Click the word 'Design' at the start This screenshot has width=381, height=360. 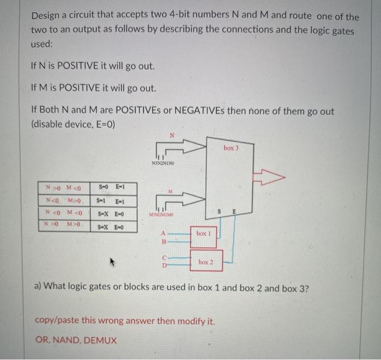[46, 17]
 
